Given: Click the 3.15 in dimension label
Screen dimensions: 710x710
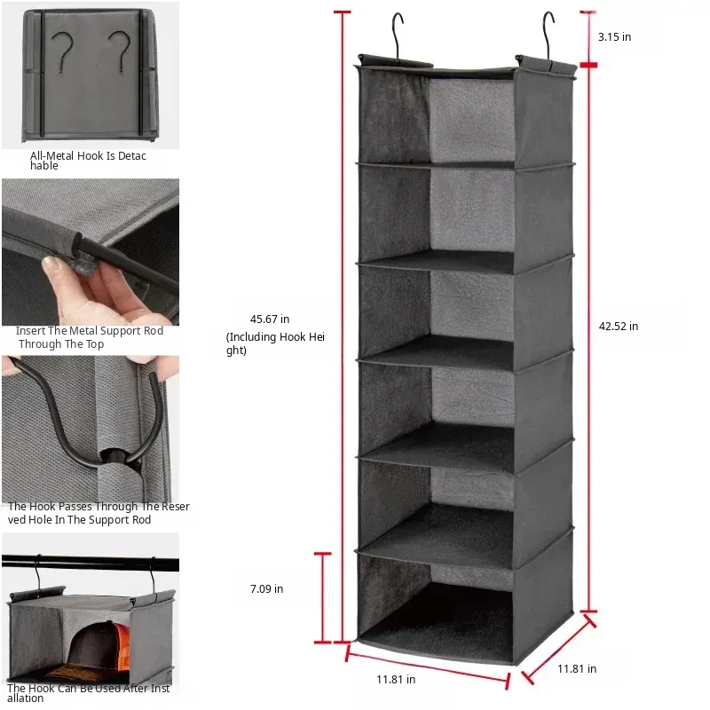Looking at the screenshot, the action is [614, 37].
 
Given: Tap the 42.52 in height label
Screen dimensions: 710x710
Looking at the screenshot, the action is [618, 326].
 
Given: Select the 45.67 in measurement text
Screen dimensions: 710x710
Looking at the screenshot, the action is [270, 319].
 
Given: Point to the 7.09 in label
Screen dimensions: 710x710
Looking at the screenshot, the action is [266, 588].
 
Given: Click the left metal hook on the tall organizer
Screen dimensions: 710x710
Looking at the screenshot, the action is [397, 36].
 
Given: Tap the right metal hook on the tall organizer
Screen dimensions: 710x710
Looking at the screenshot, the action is [548, 36].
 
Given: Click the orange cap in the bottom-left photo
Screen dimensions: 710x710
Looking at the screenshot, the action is [121, 645].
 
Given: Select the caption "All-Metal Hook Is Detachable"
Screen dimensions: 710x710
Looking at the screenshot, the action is [88, 161].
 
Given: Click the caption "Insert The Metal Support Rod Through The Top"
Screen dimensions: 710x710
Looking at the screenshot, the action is [90, 337].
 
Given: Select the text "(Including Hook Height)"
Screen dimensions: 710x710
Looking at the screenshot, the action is [275, 343].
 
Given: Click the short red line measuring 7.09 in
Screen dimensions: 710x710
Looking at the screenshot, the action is [323, 597].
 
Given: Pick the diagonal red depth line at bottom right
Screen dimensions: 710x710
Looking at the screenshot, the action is [559, 649].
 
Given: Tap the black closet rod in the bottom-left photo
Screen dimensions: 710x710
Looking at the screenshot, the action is [91, 564].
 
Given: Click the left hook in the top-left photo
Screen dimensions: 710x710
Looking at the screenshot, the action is [62, 52].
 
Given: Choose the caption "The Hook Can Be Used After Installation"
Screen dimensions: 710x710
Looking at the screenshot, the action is [88, 693].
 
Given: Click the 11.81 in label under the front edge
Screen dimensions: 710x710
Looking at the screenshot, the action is [396, 679].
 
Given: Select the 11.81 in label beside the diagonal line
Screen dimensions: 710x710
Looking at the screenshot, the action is [576, 669].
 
